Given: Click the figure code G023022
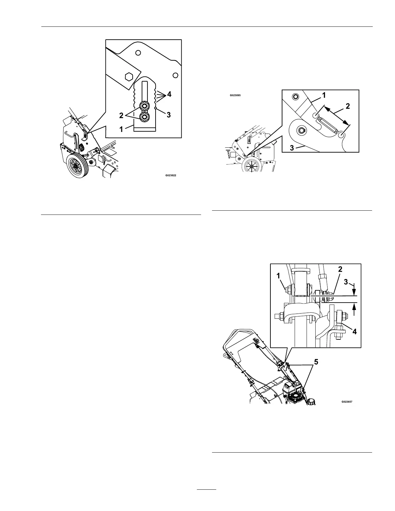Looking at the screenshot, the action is click(171, 176).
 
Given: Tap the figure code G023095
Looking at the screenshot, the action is click(235, 95).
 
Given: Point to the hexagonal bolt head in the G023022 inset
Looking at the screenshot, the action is click(128, 76).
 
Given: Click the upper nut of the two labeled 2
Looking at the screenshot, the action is click(145, 106).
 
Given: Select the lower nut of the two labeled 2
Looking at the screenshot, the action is click(145, 117).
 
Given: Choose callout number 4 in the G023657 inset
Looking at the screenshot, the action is click(354, 331).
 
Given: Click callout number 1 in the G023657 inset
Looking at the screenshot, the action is click(279, 276).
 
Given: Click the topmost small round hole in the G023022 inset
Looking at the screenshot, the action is click(138, 53).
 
